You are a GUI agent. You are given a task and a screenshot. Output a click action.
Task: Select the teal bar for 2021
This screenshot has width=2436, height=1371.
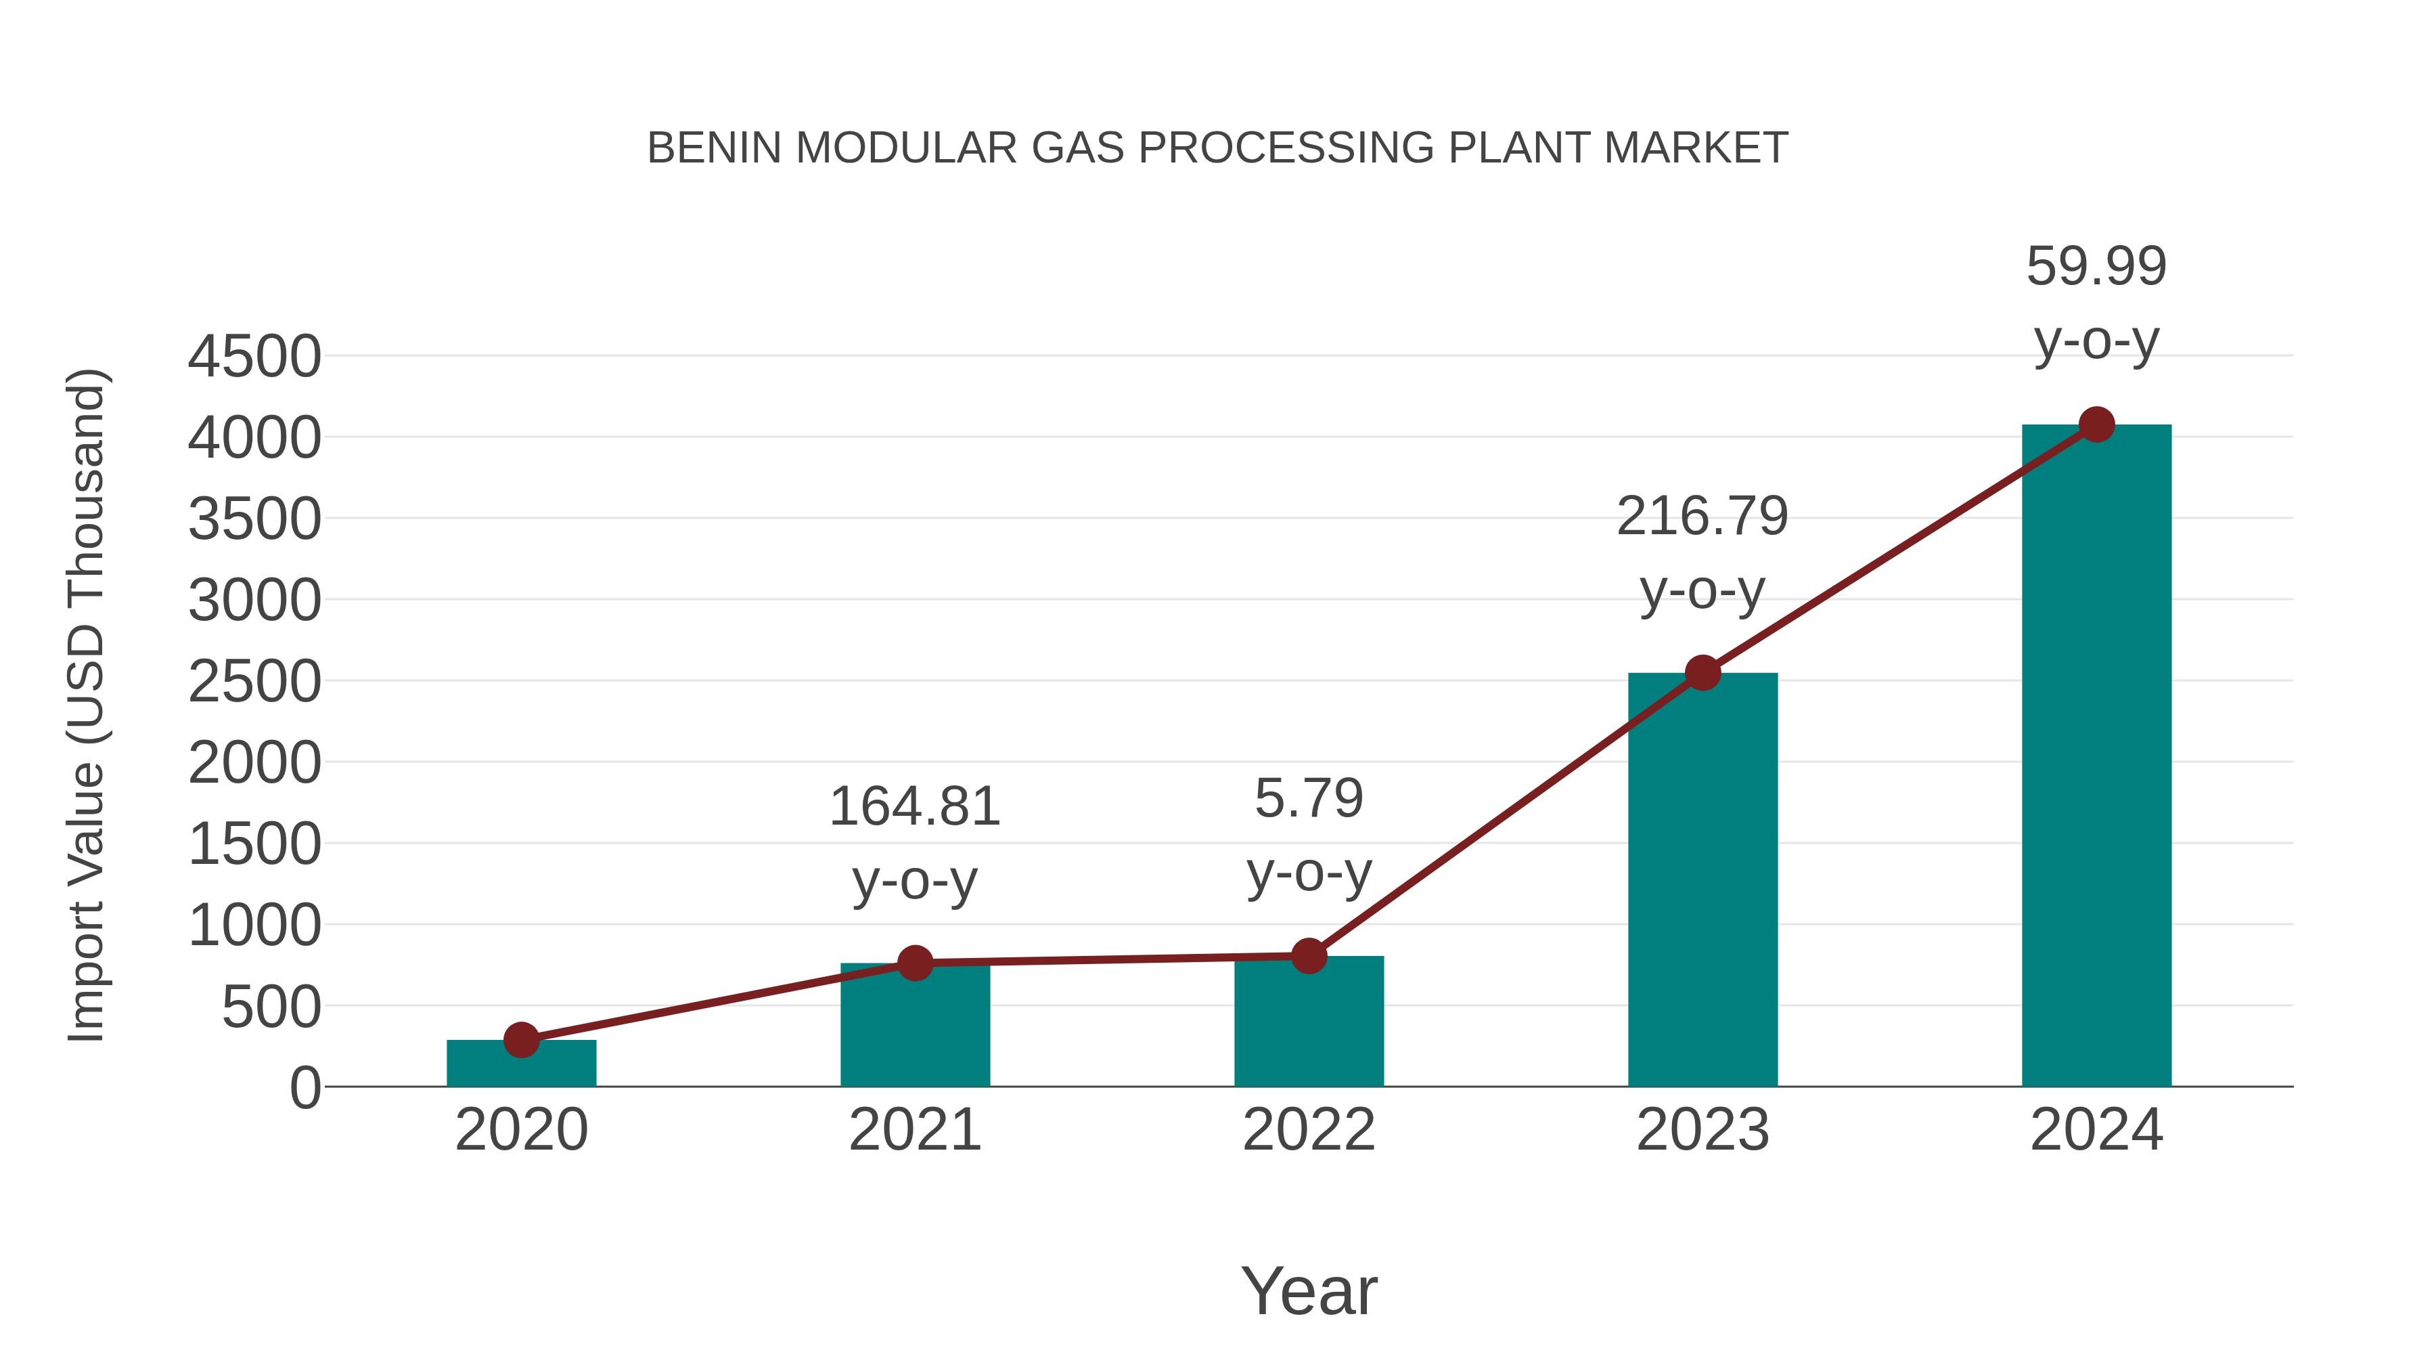click(x=914, y=1026)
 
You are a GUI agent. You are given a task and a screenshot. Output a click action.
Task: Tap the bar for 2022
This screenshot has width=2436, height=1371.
click(x=1308, y=1022)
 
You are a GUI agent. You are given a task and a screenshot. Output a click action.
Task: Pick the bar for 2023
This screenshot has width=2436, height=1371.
click(x=1702, y=880)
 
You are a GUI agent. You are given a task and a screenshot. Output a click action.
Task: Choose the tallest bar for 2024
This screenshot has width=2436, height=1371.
click(x=2096, y=757)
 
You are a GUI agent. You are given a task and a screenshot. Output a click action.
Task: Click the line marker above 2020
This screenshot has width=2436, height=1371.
click(x=521, y=1040)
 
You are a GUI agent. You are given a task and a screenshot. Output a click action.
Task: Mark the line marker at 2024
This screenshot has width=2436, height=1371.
click(x=2096, y=425)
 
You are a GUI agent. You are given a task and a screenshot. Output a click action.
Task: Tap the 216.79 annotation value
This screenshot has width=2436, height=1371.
click(x=1702, y=517)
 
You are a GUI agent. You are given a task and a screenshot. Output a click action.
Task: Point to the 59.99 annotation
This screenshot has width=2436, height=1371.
click(x=2096, y=267)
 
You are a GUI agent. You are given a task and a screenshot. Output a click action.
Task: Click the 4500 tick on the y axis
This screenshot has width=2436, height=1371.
click(x=254, y=357)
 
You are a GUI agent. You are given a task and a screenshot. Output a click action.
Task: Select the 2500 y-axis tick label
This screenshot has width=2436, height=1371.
click(x=254, y=682)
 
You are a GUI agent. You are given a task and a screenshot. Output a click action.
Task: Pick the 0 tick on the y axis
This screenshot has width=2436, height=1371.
click(x=304, y=1088)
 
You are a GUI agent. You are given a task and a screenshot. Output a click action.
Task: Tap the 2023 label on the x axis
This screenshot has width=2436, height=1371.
click(x=1702, y=1130)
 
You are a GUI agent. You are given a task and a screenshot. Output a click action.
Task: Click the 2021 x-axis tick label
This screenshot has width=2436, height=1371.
click(x=914, y=1130)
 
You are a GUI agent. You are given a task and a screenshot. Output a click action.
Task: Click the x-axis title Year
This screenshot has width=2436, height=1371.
click(x=1309, y=1290)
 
